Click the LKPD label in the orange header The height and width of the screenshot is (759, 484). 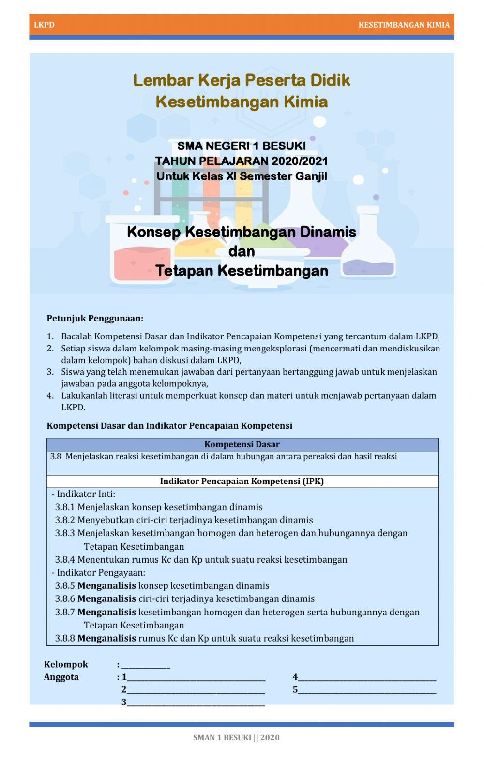point(44,25)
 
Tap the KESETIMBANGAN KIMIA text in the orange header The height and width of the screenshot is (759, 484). point(404,25)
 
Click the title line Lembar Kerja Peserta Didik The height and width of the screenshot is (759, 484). point(242,80)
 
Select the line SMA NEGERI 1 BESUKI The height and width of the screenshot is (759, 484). point(242,146)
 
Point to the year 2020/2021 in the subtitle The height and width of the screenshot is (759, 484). point(300,161)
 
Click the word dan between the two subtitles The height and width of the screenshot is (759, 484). point(242,251)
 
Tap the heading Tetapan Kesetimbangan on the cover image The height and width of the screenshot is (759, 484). point(242,271)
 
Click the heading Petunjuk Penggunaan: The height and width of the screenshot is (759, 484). point(95,319)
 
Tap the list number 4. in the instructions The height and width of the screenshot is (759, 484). point(50,396)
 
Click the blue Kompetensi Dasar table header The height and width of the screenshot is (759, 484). point(242,444)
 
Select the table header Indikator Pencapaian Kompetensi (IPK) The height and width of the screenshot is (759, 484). point(242,482)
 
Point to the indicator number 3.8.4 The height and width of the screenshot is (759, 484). point(65,560)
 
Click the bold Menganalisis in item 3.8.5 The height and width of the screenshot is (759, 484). point(106,586)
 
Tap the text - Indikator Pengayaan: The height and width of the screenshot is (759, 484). point(98,573)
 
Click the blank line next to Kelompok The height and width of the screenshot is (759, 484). point(146,666)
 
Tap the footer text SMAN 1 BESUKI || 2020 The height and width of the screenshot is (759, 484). point(236,738)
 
